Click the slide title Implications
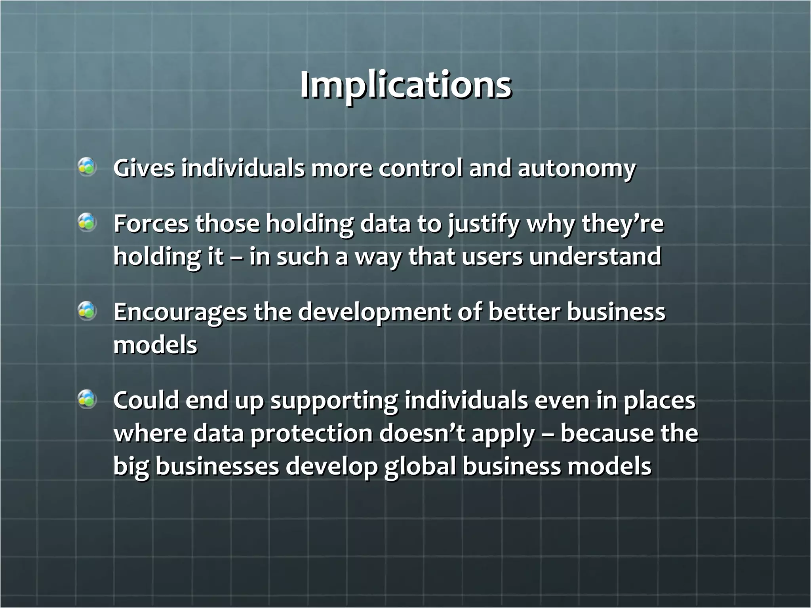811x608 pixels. click(405, 85)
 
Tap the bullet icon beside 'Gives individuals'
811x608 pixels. click(87, 167)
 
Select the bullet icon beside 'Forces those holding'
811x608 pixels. click(87, 222)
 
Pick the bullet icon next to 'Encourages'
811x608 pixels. click(87, 311)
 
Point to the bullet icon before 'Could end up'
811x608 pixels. click(87, 399)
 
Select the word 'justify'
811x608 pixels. click(484, 224)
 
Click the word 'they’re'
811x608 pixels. click(622, 224)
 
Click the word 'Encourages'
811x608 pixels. click(180, 313)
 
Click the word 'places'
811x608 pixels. click(659, 401)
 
